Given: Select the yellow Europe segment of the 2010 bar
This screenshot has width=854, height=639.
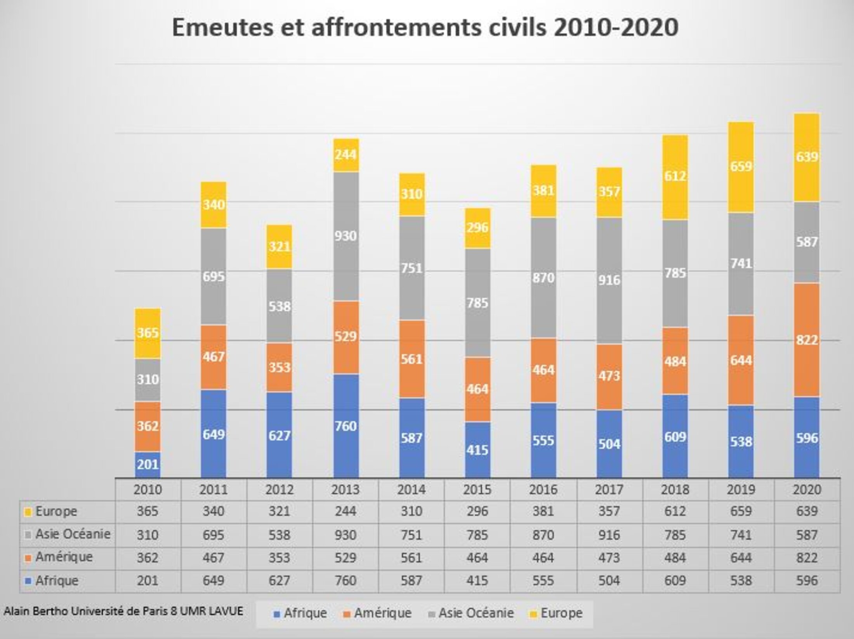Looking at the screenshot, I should pyautogui.click(x=148, y=333).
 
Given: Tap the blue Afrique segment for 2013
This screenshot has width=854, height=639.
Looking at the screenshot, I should pyautogui.click(x=345, y=426).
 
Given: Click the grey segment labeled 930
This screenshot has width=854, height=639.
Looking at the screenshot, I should pyautogui.click(x=345, y=236).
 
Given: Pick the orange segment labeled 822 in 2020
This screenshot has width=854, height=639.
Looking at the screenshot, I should pyautogui.click(x=807, y=340).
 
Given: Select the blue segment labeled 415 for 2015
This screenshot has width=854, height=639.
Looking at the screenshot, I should pyautogui.click(x=477, y=450).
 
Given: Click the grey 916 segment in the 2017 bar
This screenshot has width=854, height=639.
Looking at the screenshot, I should pyautogui.click(x=609, y=280).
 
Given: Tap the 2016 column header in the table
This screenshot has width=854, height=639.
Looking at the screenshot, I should pyautogui.click(x=543, y=489).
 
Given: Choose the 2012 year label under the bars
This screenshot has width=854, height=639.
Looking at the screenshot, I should pyautogui.click(x=279, y=489).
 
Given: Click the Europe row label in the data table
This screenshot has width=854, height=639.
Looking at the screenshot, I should pyautogui.click(x=56, y=511).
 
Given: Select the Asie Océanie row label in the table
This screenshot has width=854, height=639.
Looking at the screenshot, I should pyautogui.click(x=73, y=534).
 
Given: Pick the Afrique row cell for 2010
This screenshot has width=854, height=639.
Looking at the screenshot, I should pyautogui.click(x=148, y=580).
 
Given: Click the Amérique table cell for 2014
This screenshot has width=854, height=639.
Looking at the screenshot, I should pyautogui.click(x=411, y=557).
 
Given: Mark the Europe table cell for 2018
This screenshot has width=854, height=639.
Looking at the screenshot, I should pyautogui.click(x=675, y=511).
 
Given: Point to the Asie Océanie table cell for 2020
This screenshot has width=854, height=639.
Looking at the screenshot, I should pyautogui.click(x=807, y=535).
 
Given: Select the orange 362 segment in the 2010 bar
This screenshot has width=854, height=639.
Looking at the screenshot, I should pyautogui.click(x=148, y=426).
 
